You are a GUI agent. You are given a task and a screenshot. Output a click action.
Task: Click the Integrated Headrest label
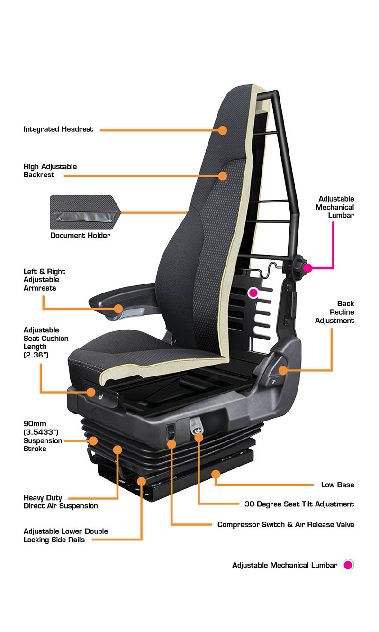click(58, 129)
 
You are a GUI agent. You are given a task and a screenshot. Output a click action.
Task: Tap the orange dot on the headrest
click(223, 130)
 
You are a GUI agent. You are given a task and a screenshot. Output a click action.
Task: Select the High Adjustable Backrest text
click(50, 171)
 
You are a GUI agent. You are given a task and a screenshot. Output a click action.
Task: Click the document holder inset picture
click(85, 212)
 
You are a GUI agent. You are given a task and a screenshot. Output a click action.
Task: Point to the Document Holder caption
click(80, 235)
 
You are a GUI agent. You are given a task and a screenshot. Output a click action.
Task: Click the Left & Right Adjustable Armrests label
click(44, 280)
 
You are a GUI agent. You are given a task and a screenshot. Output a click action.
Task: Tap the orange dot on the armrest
click(119, 309)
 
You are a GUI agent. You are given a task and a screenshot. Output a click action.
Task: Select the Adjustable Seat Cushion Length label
click(46, 342)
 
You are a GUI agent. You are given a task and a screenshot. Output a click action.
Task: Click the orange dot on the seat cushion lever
click(91, 392)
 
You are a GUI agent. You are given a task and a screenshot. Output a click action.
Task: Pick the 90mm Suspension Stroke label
click(43, 436)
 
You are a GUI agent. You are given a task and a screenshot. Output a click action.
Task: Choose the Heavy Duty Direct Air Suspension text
click(61, 502)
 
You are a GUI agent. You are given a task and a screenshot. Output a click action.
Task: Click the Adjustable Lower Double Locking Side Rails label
click(66, 535)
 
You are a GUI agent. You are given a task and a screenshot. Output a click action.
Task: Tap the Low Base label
click(337, 485)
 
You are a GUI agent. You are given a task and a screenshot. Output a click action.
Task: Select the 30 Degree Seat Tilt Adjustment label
click(299, 504)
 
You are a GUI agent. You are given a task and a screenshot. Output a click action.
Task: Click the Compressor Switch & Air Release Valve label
click(286, 524)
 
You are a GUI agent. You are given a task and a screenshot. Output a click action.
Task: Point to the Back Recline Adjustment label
click(334, 312)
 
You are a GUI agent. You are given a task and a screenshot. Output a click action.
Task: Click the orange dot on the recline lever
click(283, 370)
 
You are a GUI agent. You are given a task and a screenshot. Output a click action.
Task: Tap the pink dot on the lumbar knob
click(307, 268)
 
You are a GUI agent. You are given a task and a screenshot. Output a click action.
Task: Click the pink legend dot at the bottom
click(348, 565)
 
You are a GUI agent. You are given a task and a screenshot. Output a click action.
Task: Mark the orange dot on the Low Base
click(216, 474)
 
